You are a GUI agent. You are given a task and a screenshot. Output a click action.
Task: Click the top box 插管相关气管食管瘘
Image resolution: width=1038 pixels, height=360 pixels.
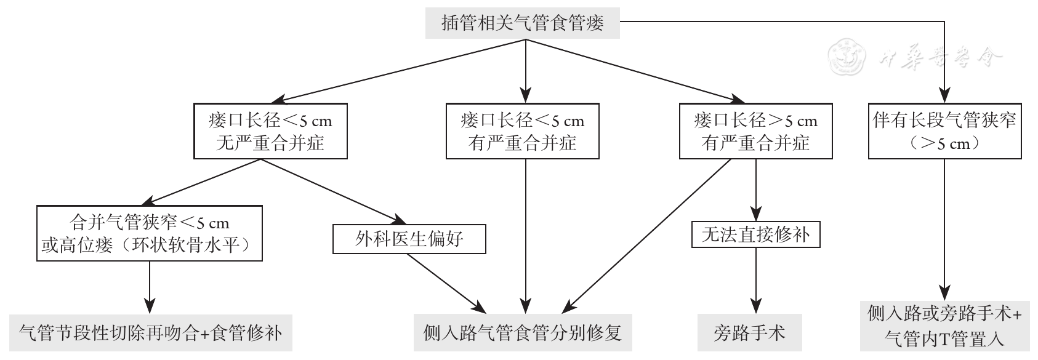[x=523, y=23]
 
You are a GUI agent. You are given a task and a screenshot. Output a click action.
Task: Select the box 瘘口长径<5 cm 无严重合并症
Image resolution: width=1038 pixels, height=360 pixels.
[x=270, y=130]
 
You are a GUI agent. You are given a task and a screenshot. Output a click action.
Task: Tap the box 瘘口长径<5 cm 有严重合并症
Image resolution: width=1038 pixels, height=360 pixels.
[x=523, y=130]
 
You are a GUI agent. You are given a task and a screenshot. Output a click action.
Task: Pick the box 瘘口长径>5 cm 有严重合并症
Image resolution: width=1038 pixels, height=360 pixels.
[x=755, y=130]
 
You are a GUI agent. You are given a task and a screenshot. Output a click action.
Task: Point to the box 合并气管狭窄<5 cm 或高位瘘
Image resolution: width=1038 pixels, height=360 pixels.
[x=150, y=233]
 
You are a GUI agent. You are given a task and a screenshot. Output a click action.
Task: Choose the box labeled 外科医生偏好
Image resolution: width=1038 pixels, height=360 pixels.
[x=409, y=238]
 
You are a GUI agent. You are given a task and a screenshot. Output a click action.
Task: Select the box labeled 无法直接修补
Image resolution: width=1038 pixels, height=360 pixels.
[x=755, y=233]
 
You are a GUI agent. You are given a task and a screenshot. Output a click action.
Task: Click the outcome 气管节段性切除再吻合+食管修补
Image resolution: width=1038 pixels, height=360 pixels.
[x=151, y=333]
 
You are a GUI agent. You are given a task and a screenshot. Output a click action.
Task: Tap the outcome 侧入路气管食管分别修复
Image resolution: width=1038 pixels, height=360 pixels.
[x=523, y=333]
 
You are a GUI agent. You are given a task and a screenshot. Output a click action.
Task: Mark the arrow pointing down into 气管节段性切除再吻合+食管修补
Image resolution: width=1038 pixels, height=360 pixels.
[x=150, y=286]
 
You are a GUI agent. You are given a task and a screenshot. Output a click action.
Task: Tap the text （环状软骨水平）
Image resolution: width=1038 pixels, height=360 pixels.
[x=185, y=245]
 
